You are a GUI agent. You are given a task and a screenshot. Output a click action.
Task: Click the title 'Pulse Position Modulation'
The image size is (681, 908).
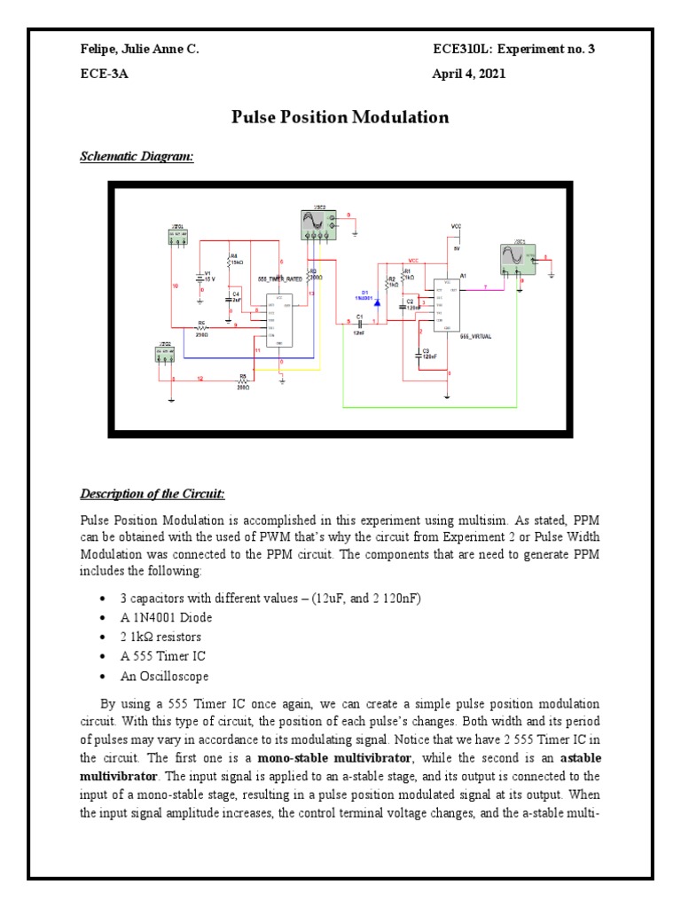340,117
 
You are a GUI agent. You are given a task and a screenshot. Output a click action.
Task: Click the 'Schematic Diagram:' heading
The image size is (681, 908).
137,157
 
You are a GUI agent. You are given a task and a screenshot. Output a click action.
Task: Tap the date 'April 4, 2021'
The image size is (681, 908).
468,74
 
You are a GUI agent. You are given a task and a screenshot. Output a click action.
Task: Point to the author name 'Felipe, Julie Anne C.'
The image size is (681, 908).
140,50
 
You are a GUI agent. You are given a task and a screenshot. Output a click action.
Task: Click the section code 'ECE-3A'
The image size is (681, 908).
105,74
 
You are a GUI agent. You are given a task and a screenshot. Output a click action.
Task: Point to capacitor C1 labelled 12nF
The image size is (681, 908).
360,323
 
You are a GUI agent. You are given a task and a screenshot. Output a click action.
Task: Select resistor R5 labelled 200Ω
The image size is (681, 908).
243,380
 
